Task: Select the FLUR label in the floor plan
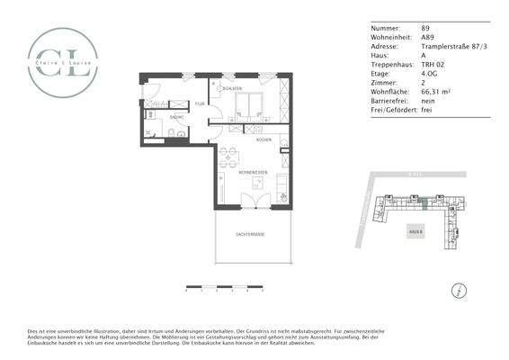(x=200, y=103)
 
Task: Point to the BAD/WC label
(x=177, y=117)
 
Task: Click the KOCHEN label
(x=264, y=140)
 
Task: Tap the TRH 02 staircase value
(x=433, y=64)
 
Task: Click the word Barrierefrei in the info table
(x=388, y=101)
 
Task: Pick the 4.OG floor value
(x=431, y=73)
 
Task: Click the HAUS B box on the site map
(x=415, y=229)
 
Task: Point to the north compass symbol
(x=460, y=290)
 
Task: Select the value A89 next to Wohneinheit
(x=428, y=36)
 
